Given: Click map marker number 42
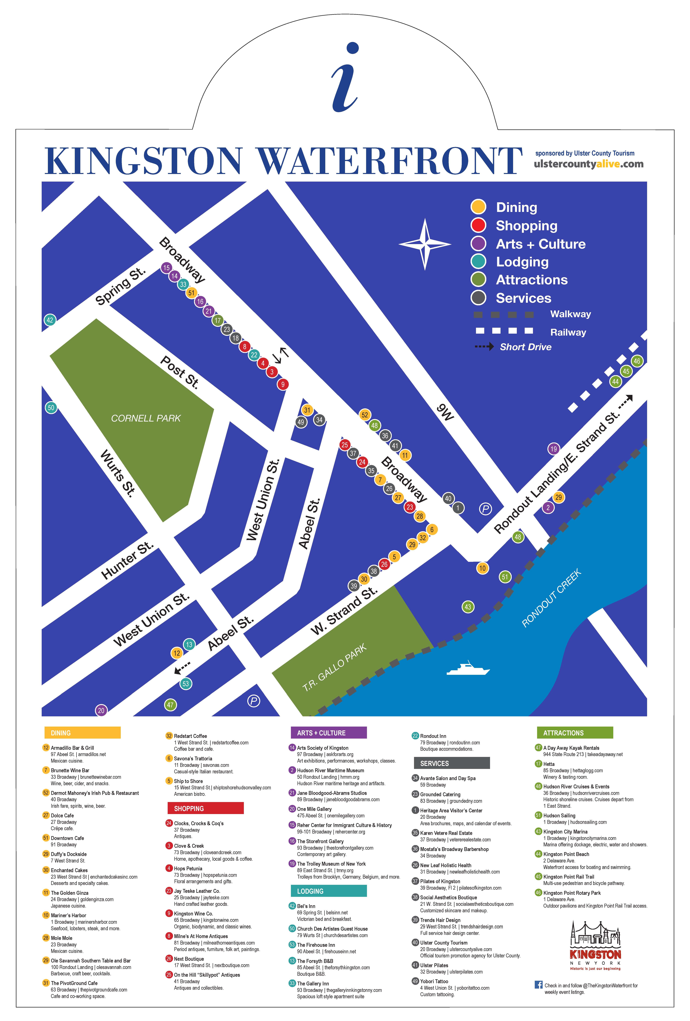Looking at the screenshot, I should (50, 320).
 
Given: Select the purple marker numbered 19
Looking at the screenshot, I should (553, 449).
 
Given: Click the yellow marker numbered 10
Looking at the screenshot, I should (482, 568).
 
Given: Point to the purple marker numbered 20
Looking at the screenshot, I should (101, 710).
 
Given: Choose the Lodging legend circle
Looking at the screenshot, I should (478, 261).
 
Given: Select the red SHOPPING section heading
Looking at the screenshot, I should (205, 808).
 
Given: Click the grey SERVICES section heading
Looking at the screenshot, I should (451, 764).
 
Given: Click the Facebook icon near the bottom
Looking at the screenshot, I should (538, 985).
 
